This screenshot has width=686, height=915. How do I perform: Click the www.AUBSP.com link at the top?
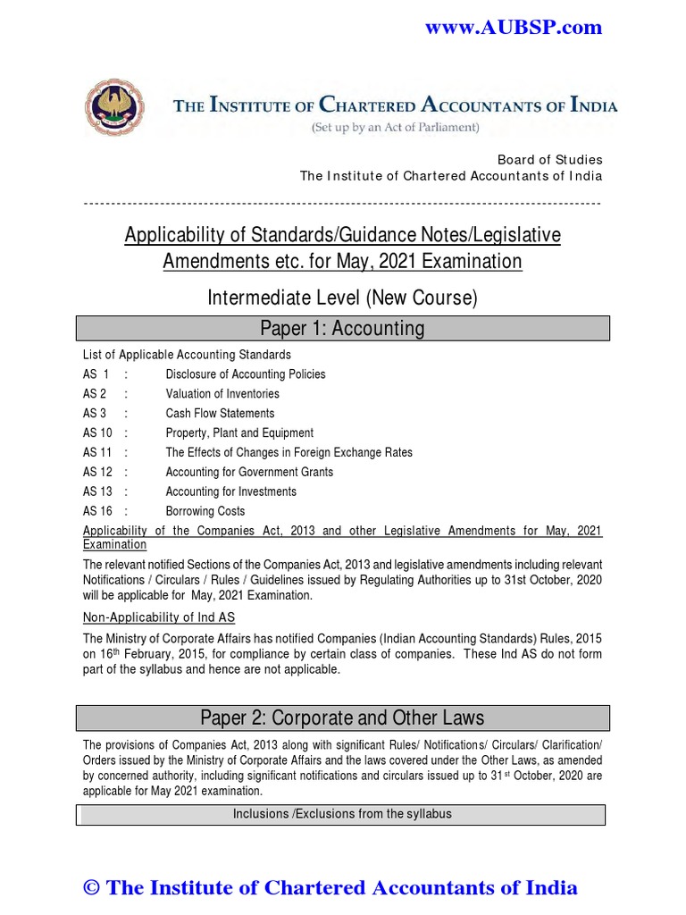click(x=513, y=28)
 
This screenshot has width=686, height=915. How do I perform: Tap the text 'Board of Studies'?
click(x=549, y=159)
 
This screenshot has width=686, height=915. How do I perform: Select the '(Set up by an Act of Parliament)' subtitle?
click(x=395, y=128)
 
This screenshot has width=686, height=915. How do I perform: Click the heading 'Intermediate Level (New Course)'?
click(x=342, y=298)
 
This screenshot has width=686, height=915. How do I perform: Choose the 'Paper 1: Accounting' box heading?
click(x=342, y=328)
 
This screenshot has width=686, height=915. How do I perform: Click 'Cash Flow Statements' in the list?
click(x=220, y=414)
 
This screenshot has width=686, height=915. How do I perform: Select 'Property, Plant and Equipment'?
click(x=239, y=433)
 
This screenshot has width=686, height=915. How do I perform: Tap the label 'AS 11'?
click(x=96, y=453)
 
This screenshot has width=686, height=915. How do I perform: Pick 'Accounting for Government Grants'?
click(x=249, y=473)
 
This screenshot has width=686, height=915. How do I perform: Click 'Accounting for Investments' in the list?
click(x=230, y=492)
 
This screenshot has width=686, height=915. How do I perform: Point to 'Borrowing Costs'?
click(x=205, y=512)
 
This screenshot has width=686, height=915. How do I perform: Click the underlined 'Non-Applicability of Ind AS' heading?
click(x=159, y=617)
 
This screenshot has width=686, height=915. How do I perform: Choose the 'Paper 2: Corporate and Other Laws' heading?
click(x=342, y=718)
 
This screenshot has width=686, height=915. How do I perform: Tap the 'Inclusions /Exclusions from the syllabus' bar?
click(x=342, y=814)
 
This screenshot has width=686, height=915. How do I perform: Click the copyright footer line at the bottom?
click(x=330, y=887)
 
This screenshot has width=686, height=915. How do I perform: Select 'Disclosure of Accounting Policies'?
click(x=246, y=374)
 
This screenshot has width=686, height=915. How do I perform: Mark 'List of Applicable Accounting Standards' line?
click(x=187, y=355)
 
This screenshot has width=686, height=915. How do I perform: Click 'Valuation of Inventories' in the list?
click(x=222, y=394)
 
